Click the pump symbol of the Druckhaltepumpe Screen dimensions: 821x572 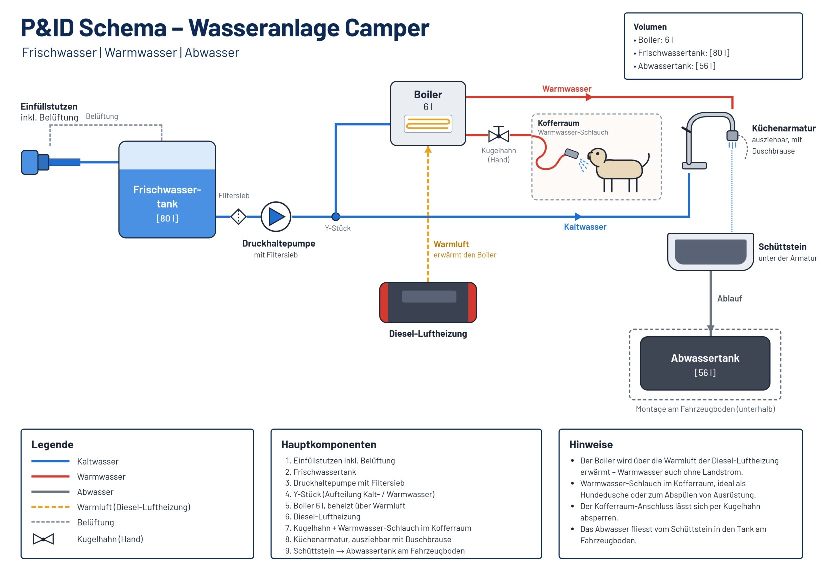coord(276,217)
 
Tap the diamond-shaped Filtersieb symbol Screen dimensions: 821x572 coord(238,217)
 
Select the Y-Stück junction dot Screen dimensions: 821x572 coord(335,217)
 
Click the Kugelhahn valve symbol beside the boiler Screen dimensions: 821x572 coord(499,135)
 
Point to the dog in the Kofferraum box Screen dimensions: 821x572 coord(617,169)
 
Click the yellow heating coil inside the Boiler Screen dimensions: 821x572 coord(428,124)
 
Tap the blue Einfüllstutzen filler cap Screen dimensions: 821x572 coord(35,162)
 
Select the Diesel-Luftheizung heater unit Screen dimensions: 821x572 coord(428,303)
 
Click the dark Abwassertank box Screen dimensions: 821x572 coord(705,363)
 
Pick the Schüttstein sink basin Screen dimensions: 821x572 coord(710,252)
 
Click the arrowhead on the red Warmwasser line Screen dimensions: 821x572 coord(589,97)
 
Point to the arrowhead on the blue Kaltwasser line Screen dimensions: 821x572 coord(578,217)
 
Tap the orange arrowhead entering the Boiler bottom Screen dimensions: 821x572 coord(428,149)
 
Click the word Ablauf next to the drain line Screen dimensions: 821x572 coord(729,298)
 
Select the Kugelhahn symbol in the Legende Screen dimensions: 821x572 coord(43,539)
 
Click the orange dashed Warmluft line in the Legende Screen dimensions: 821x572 coord(50,507)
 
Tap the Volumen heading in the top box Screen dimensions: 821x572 coord(650,27)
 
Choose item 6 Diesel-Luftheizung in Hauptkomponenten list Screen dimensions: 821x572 coord(323,516)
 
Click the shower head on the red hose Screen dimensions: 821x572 coord(572,153)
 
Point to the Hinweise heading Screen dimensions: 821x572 coord(591,444)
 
